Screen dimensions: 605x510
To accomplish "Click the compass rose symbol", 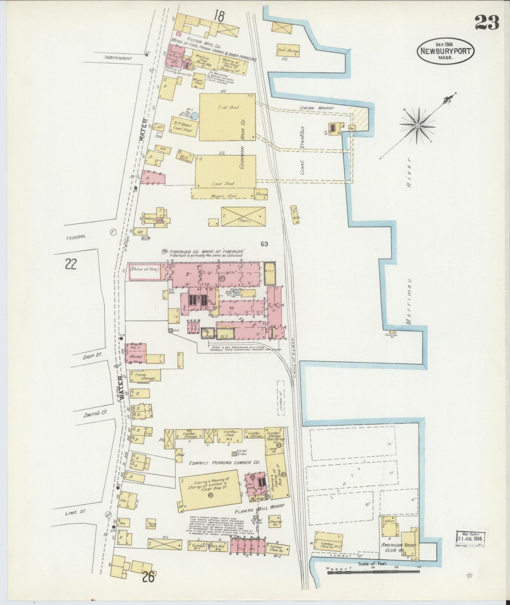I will pos(418,125).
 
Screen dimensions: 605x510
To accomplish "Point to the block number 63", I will pos(264,244).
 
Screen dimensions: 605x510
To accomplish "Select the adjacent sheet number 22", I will pos(71,264).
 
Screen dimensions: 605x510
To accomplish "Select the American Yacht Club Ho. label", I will pos(398,548).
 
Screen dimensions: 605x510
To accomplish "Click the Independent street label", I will pos(118,58).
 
